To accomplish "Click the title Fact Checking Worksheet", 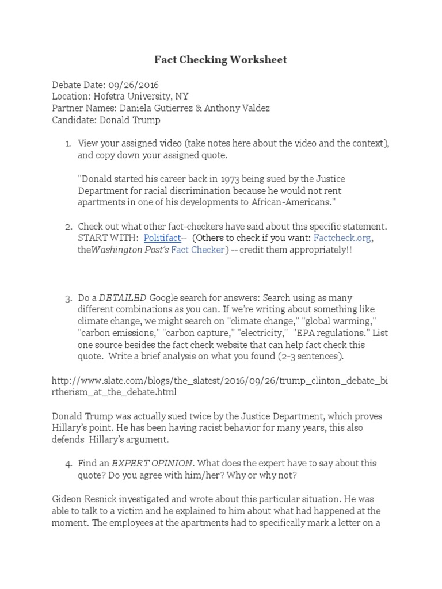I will click(220, 60).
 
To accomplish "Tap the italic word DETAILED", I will click(123, 298).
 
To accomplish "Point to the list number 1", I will click(68, 143).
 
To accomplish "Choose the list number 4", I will click(68, 463).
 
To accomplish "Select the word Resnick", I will click(104, 499).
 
